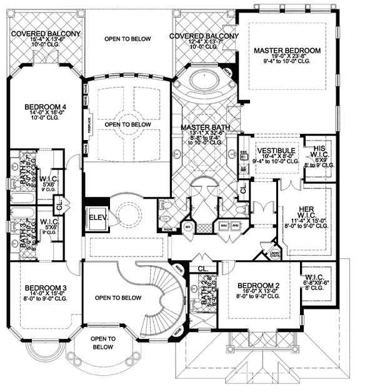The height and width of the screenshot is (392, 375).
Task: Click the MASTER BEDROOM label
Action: coord(287,50)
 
